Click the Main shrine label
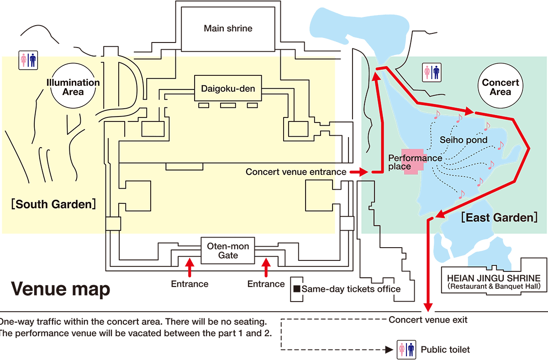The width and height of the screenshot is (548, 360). (x=228, y=28)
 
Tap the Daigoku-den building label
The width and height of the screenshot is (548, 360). (x=228, y=88)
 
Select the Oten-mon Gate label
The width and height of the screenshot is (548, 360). (x=228, y=250)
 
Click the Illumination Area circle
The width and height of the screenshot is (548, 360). (x=73, y=87)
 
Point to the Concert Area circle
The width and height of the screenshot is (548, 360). (x=501, y=87)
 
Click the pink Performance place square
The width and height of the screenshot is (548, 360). (x=412, y=161)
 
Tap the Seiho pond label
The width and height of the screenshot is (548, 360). (x=463, y=140)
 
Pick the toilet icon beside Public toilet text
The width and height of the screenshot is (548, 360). (x=406, y=349)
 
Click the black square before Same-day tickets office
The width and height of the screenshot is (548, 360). (x=296, y=289)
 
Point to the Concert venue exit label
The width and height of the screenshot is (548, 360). (x=428, y=320)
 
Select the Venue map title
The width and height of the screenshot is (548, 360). (x=60, y=289)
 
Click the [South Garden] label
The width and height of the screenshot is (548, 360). (x=53, y=204)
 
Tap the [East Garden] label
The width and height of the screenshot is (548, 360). (x=499, y=217)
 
